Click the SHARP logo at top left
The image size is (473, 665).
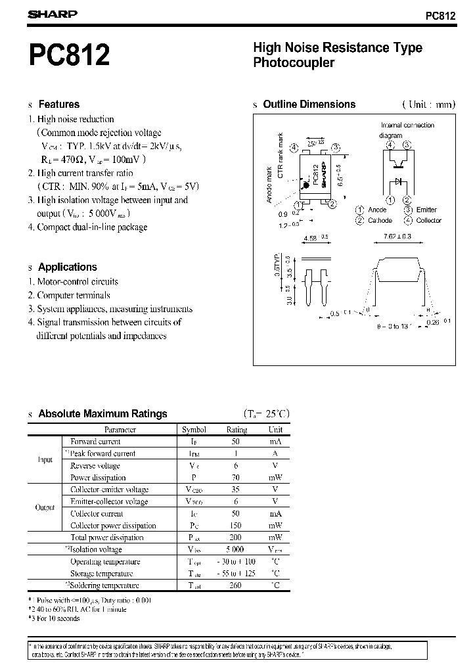[x=53, y=13]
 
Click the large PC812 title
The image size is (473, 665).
[x=69, y=55]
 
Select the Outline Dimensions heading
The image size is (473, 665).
[x=309, y=104]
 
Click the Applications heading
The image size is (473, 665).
[x=67, y=267]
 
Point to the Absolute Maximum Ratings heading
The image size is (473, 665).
[x=102, y=414]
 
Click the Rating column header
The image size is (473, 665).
[x=236, y=430]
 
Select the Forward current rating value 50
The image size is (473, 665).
[x=236, y=442]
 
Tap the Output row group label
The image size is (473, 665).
[x=45, y=508]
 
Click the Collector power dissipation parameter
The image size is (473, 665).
[x=113, y=526]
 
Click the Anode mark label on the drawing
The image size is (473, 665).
[x=269, y=185]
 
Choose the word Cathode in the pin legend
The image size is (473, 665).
[x=380, y=221]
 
